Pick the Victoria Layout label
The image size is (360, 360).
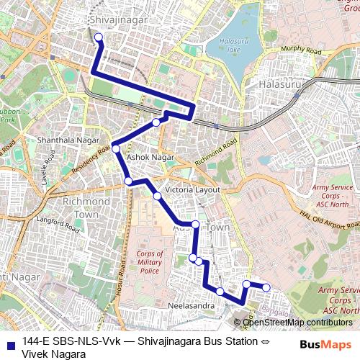point(192,189)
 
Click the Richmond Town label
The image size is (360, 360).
point(86,207)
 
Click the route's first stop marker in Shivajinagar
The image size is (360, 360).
point(99,38)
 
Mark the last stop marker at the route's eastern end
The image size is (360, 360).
point(266,287)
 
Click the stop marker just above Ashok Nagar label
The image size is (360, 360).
point(116,149)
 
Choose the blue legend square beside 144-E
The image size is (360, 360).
point(9,342)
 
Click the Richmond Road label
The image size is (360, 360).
point(215,151)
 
